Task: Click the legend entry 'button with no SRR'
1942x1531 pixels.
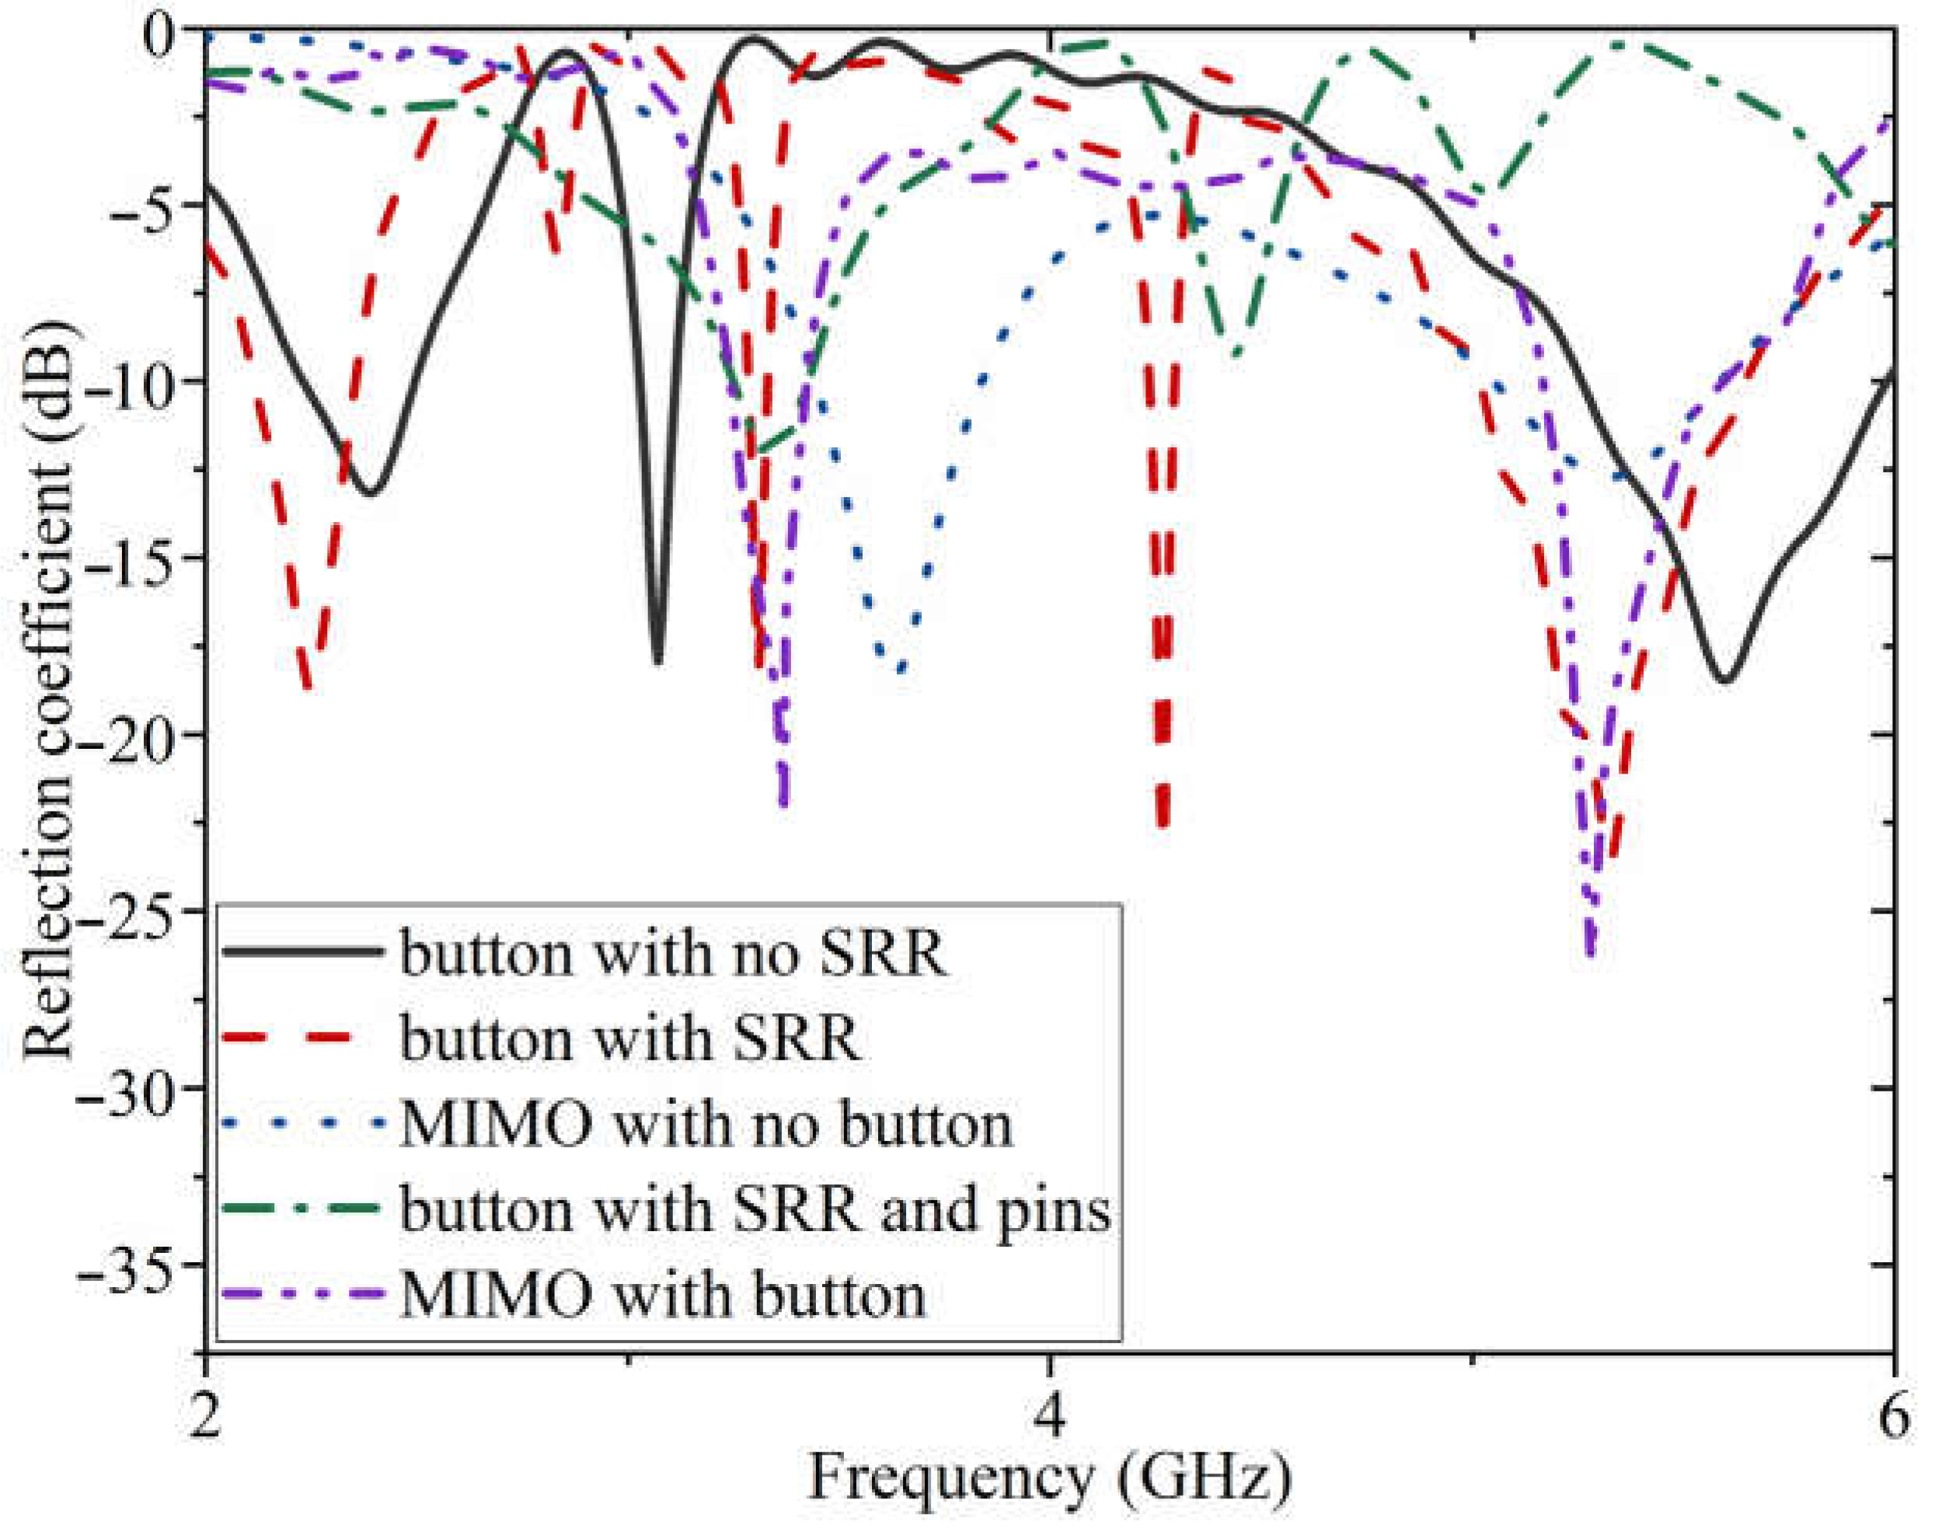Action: [672, 954]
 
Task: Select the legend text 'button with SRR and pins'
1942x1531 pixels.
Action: [755, 1210]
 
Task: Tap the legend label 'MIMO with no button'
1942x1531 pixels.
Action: [706, 1125]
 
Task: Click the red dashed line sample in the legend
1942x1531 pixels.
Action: [301, 1038]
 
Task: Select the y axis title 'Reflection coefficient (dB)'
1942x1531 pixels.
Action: [49, 691]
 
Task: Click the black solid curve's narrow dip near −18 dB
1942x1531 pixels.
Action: [658, 662]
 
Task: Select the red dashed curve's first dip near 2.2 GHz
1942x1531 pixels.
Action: [308, 686]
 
